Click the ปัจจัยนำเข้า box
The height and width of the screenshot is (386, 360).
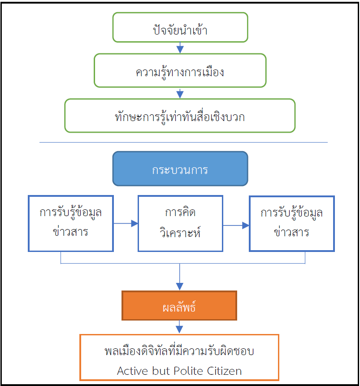tap(180, 27)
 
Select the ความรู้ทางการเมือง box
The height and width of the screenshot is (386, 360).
tap(180, 70)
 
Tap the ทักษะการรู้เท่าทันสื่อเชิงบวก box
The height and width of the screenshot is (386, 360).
tap(180, 116)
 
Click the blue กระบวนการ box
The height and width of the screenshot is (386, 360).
tap(180, 169)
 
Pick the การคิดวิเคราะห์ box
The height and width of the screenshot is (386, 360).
tap(180, 223)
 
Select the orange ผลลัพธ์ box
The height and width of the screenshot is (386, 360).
tap(179, 305)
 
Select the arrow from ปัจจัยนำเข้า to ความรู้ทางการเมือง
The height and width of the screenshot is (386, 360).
tap(180, 48)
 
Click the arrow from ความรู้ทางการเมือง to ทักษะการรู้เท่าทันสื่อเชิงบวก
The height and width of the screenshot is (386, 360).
tap(180, 93)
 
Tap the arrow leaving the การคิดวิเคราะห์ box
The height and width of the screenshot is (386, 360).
tap(236, 226)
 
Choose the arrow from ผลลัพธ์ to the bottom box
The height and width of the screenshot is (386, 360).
tap(180, 327)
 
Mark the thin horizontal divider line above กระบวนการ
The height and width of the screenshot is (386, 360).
tap(183, 143)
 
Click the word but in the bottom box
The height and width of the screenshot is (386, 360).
tap(159, 371)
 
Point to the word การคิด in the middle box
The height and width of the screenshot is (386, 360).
tap(180, 212)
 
